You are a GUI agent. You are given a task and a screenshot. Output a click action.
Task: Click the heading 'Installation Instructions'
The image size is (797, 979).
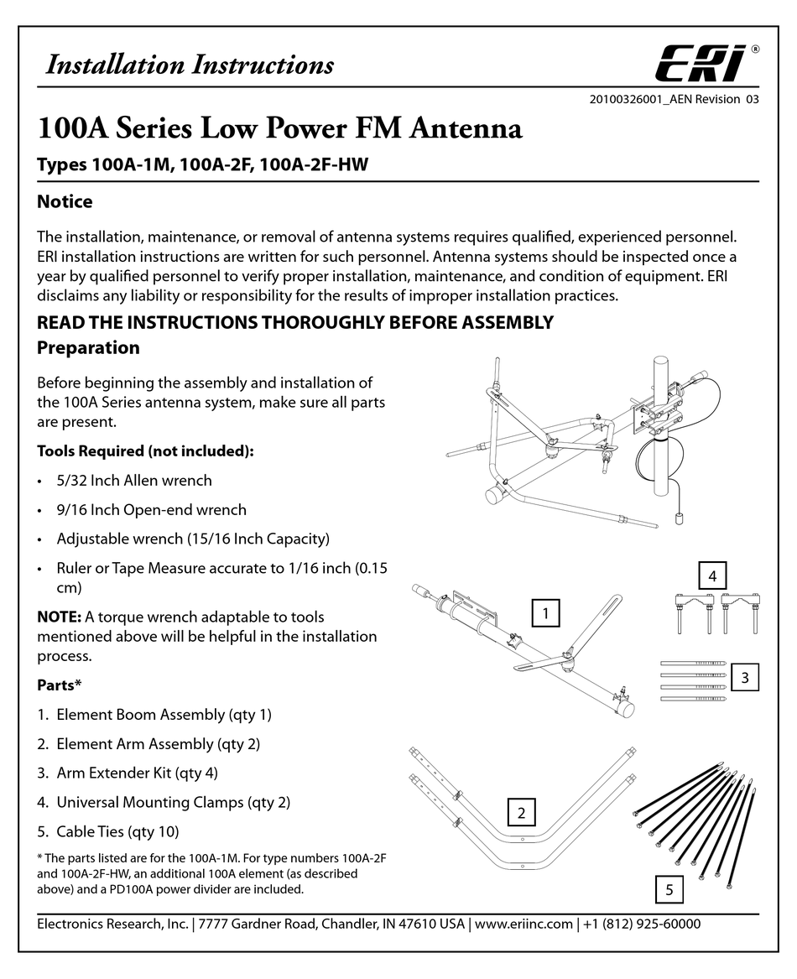189,65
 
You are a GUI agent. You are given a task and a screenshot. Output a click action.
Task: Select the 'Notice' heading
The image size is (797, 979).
65,202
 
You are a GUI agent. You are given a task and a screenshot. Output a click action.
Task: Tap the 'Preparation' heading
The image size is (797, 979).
88,347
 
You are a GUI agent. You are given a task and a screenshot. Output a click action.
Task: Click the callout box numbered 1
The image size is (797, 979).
545,614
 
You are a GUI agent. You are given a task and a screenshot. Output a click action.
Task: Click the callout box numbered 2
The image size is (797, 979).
522,812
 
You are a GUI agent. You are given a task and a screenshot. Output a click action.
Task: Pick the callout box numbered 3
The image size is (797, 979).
744,676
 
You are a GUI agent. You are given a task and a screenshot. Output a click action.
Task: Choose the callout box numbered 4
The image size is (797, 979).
712,576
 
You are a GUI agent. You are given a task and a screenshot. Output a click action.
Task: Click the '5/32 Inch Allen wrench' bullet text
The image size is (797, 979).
134,481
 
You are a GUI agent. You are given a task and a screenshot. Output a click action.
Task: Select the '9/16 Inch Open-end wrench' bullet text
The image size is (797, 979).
151,510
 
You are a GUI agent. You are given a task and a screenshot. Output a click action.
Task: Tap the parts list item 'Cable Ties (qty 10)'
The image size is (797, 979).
117,832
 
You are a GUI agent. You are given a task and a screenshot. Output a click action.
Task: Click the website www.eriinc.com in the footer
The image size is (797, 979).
524,924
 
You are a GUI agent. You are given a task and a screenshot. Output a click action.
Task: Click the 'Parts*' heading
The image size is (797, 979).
59,685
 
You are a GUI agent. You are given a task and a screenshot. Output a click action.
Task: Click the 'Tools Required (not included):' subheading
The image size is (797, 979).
145,451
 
